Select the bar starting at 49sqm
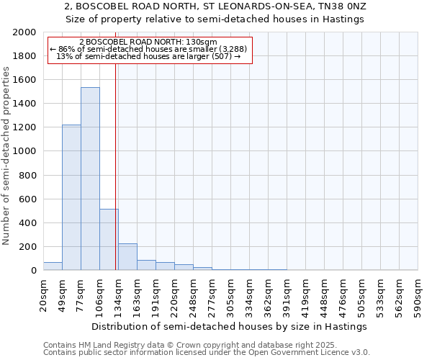tap(71, 197)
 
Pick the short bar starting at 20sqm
tap(53, 266)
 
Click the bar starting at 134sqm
tap(127, 257)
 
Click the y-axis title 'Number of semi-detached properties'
tap(6, 156)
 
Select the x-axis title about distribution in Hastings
tap(230, 326)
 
